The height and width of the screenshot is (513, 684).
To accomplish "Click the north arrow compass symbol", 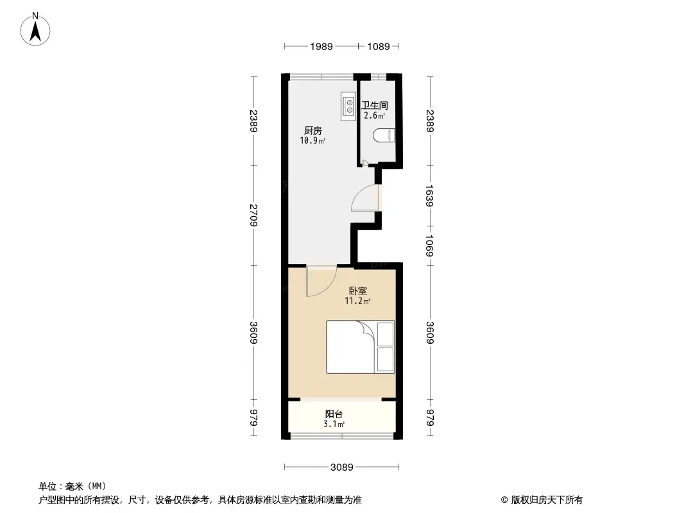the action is click(x=35, y=29).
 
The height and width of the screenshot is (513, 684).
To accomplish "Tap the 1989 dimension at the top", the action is click(x=321, y=47).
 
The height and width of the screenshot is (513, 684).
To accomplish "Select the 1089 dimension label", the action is click(x=378, y=47).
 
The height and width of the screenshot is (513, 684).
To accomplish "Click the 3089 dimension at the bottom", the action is click(x=341, y=467).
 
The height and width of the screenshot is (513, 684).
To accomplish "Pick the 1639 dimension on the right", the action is click(x=430, y=196).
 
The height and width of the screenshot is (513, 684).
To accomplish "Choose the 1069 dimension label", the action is click(x=430, y=246).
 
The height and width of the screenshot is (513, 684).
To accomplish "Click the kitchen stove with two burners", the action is click(x=348, y=106).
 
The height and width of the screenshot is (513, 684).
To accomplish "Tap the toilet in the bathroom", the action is click(x=384, y=135).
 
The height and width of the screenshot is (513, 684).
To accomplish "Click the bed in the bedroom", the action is click(x=361, y=347).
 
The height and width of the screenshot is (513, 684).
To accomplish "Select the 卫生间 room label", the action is click(x=375, y=105).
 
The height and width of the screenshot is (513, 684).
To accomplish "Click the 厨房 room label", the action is click(x=312, y=130).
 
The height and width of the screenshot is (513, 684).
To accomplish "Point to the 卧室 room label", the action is click(x=357, y=290).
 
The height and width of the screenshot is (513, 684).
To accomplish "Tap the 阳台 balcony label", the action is click(x=334, y=414).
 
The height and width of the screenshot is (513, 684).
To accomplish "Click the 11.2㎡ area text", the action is click(x=357, y=301).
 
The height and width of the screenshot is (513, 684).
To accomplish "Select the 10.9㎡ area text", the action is click(x=312, y=141).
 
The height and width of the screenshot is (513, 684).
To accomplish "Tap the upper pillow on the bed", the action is click(x=385, y=334).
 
